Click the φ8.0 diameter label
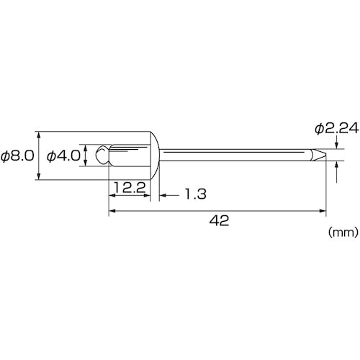[18, 156]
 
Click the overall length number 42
[221, 222]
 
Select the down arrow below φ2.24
[337, 143]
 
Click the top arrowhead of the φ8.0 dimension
[37, 135]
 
